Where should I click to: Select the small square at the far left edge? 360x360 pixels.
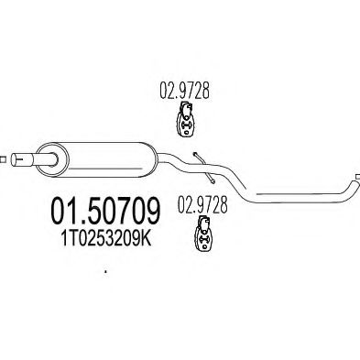point(4,160)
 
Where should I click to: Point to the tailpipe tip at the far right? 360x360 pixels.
point(354,177)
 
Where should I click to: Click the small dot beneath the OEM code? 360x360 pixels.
point(106,272)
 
